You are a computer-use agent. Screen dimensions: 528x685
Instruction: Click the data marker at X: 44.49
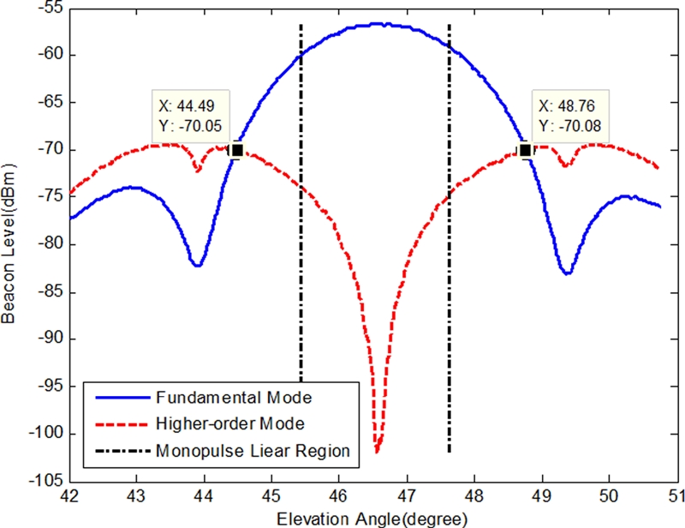pos(236,150)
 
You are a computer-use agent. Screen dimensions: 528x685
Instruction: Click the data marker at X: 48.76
pos(525,150)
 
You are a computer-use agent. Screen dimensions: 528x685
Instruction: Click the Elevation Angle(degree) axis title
pos(372,518)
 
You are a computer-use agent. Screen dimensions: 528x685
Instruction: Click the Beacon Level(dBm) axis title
pos(9,245)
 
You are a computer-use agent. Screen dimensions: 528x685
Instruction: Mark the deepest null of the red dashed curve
pos(377,450)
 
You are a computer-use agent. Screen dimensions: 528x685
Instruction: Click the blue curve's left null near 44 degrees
pos(197,266)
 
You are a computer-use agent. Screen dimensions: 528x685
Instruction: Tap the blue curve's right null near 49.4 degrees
pos(567,273)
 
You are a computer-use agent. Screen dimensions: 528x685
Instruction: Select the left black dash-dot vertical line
pos(301,257)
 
